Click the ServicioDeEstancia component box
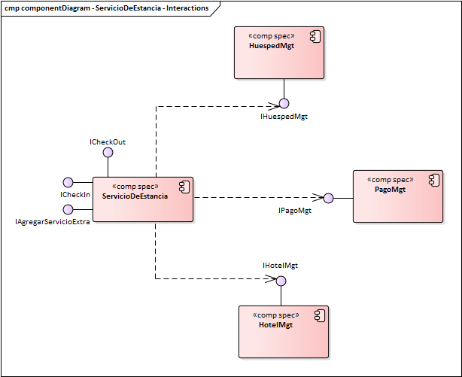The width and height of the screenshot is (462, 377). point(142,199)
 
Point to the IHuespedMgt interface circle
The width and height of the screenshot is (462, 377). point(284,103)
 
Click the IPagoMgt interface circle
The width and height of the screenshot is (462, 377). point(328,199)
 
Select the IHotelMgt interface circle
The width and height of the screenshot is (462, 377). point(281,281)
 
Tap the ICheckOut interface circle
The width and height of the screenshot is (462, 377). point(108,152)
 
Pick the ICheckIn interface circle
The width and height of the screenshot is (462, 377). point(68,182)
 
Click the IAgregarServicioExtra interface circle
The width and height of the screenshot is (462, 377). point(68,209)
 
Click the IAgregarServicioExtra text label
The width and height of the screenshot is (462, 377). point(53,223)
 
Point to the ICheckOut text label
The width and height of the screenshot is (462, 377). point(108,141)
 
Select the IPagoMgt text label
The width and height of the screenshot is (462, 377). point(290,211)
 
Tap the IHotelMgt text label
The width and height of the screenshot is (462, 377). point(280,266)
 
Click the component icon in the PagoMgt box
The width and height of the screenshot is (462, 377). point(433,179)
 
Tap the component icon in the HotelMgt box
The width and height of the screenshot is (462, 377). point(319,315)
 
